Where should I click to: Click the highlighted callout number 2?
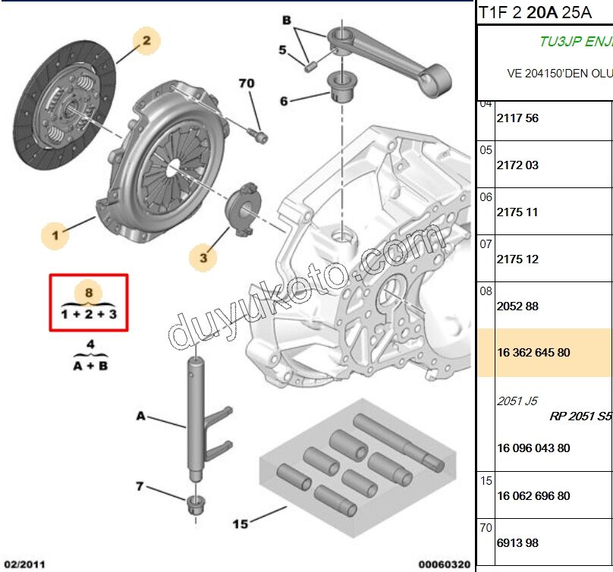coord(146,40)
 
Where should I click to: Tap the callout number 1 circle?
coord(55,236)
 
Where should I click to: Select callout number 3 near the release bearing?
coord(203,259)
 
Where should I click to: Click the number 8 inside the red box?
coord(89,293)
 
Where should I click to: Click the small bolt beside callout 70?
coord(261,137)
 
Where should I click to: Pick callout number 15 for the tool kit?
coord(240,523)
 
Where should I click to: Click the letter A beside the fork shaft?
coord(140,416)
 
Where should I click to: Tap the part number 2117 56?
coord(517,118)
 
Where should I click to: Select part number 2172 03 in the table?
coord(517,165)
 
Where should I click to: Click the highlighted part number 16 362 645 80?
coord(534,353)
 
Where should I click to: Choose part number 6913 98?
coord(517,542)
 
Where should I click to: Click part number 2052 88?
coord(517,306)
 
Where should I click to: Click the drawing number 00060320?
coord(445,564)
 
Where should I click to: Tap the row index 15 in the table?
coord(486,481)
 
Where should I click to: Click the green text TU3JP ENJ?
coord(575,42)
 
